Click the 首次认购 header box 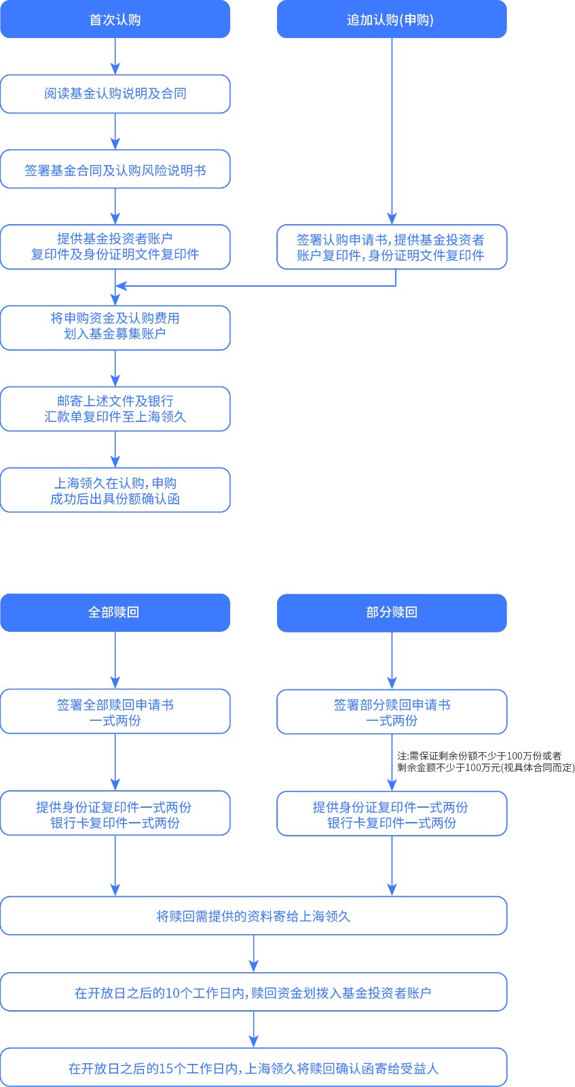click(115, 19)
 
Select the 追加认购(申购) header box click(392, 19)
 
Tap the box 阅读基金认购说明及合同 click(115, 94)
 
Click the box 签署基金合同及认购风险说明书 click(115, 169)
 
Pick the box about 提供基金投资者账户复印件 click(115, 247)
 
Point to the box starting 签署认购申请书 click(392, 247)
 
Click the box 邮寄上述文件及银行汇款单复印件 click(115, 409)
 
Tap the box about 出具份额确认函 click(115, 490)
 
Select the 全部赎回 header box click(115, 612)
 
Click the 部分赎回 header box click(392, 613)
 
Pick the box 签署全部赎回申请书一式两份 click(115, 711)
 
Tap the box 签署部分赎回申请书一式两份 click(392, 712)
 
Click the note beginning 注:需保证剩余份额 click(485, 762)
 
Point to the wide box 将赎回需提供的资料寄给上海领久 click(253, 916)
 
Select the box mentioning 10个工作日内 click(253, 992)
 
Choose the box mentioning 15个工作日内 click(253, 1067)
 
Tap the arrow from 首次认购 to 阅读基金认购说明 click(115, 56)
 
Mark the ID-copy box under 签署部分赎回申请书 click(392, 814)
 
